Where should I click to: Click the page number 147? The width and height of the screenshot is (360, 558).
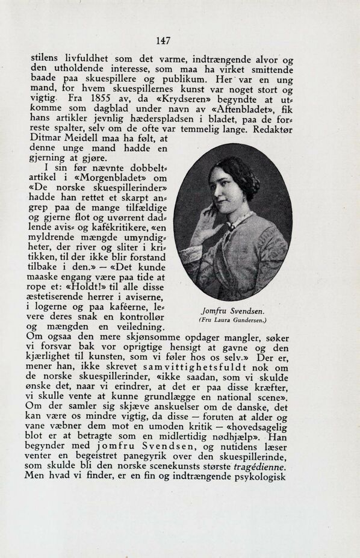(x=163, y=41)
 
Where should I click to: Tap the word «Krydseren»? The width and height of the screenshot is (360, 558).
(x=175, y=98)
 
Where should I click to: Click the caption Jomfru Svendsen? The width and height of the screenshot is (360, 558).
(x=233, y=311)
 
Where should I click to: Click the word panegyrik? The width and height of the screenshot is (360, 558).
(x=154, y=457)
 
